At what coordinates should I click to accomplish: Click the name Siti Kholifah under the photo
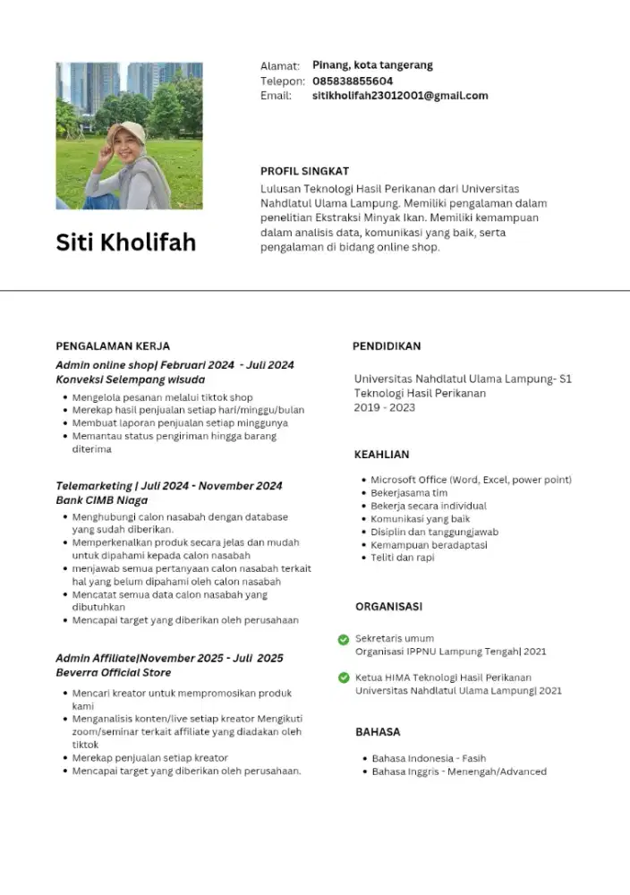click(125, 243)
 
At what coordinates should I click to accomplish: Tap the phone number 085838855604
click(353, 81)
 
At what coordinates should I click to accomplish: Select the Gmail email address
click(400, 96)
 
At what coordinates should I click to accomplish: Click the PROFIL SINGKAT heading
click(304, 171)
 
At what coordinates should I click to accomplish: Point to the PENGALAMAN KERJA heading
click(113, 346)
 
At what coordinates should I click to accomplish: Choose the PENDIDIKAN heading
click(387, 346)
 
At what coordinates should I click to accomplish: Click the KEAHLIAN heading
click(382, 455)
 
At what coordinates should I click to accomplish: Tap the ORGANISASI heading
click(388, 607)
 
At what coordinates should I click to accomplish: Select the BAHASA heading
click(378, 732)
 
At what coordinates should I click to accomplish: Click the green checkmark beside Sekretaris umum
click(344, 639)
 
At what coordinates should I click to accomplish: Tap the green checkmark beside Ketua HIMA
click(344, 678)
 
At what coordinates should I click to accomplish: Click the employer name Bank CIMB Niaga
click(102, 500)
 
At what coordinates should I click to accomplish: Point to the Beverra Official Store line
click(114, 672)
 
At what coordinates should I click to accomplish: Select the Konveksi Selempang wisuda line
click(131, 379)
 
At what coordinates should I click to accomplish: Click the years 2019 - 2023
click(385, 408)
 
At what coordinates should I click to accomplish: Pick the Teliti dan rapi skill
click(403, 558)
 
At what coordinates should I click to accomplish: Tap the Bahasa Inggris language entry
click(459, 771)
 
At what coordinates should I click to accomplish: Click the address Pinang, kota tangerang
click(372, 65)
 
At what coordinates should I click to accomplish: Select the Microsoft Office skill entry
click(471, 480)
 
